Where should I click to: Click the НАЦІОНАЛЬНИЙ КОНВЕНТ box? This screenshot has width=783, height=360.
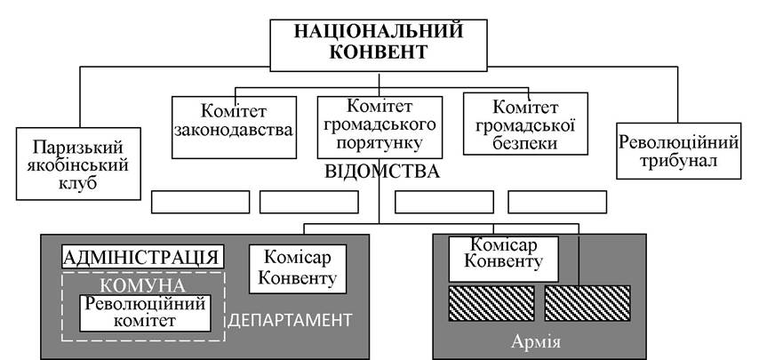point(378,45)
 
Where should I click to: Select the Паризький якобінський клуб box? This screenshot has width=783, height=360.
point(78,164)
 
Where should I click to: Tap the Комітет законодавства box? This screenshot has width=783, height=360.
point(235,127)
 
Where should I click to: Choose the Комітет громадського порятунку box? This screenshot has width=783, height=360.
point(380,127)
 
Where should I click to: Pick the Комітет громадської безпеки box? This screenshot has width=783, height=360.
point(525,124)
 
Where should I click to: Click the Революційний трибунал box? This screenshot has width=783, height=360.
point(679,151)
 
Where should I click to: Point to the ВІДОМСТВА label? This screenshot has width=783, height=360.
point(382,172)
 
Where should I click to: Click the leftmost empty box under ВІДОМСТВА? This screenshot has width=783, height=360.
point(200,202)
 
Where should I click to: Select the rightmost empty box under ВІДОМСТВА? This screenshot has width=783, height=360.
point(557,202)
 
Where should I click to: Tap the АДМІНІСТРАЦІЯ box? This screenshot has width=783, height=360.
point(143,257)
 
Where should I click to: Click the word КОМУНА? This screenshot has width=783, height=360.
point(143,286)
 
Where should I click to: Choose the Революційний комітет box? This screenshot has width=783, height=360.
point(146,313)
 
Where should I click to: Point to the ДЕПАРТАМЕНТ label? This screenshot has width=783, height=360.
point(290,320)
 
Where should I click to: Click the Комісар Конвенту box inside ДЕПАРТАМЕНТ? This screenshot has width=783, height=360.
point(298,268)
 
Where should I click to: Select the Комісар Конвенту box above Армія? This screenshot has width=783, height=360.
point(503,260)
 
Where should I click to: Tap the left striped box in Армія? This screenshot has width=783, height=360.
point(491,303)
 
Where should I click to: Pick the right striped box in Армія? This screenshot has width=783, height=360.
point(587,303)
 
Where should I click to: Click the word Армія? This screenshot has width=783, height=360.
point(536,342)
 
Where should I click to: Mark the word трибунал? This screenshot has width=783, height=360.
point(679,161)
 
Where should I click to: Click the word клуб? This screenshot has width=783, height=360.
point(78,183)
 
